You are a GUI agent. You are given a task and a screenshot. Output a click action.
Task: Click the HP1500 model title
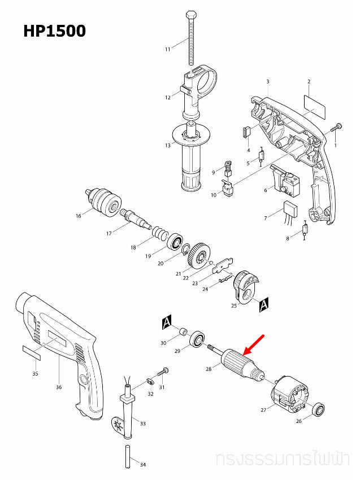(54, 30)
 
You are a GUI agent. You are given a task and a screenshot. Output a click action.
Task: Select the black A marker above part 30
(166, 322)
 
